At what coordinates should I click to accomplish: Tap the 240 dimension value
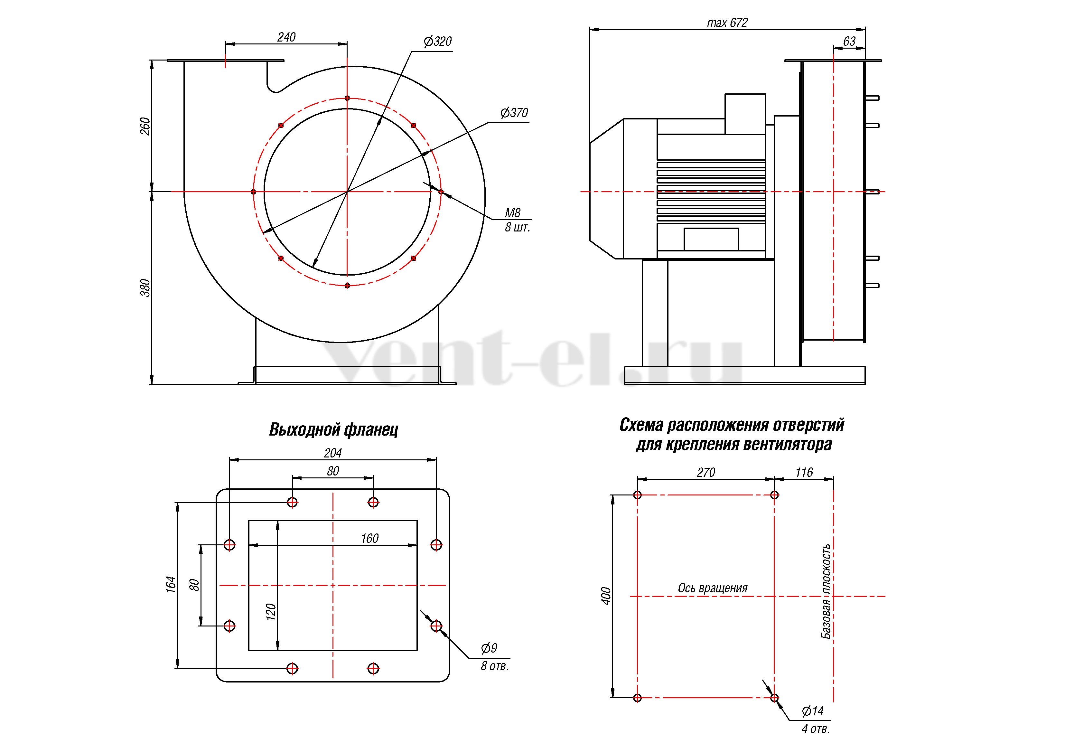click(286, 37)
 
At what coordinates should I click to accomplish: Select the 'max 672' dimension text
click(727, 23)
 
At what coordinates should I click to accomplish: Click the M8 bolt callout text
click(513, 213)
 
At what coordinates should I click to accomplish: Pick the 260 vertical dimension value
click(145, 126)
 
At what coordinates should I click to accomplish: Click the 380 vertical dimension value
click(145, 288)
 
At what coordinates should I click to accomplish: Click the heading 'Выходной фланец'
click(333, 430)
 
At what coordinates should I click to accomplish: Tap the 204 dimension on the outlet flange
click(332, 453)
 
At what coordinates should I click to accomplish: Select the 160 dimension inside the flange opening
click(370, 538)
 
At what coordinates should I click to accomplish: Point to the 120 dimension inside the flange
click(271, 612)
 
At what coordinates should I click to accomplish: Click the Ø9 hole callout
click(489, 648)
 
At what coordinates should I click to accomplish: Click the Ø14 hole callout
click(813, 711)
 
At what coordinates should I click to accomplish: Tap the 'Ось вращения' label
click(713, 588)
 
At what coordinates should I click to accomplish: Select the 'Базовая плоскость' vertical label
click(826, 591)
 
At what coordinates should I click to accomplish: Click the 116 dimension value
click(804, 472)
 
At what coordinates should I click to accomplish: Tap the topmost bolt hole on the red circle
click(347, 98)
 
